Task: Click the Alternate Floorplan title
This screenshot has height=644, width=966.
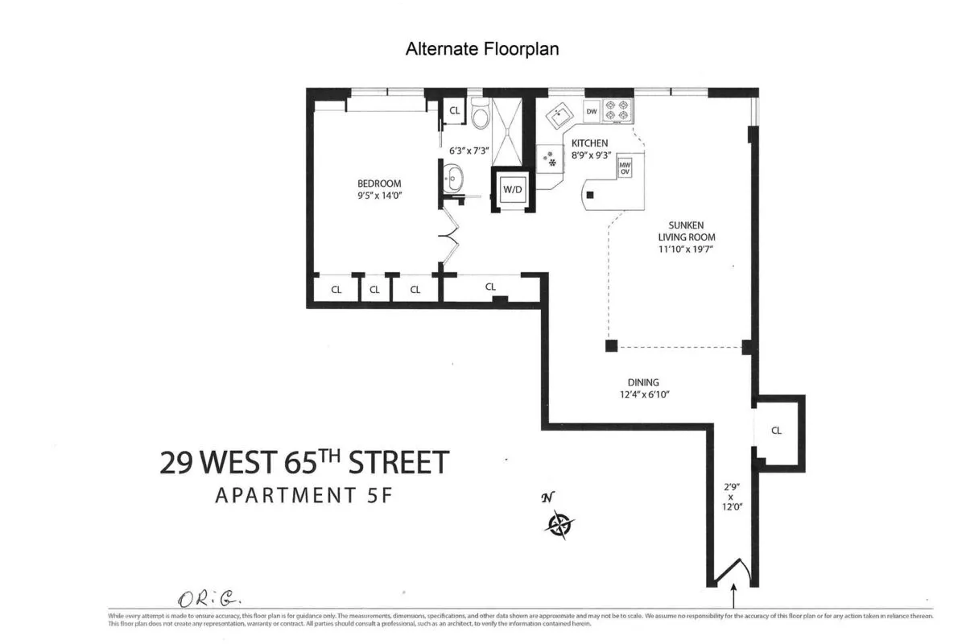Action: tap(482, 49)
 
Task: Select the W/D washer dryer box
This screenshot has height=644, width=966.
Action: tap(512, 190)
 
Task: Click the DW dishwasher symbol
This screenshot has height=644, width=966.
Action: tap(592, 112)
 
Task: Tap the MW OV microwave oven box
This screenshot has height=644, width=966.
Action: tap(624, 167)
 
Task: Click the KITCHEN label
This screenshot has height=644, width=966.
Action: tap(590, 143)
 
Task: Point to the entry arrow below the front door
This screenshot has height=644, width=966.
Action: tap(733, 597)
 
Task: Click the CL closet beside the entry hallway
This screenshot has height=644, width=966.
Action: tap(776, 431)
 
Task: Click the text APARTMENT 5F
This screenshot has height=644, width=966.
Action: tap(303, 495)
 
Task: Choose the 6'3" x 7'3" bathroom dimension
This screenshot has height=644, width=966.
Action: tap(469, 150)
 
